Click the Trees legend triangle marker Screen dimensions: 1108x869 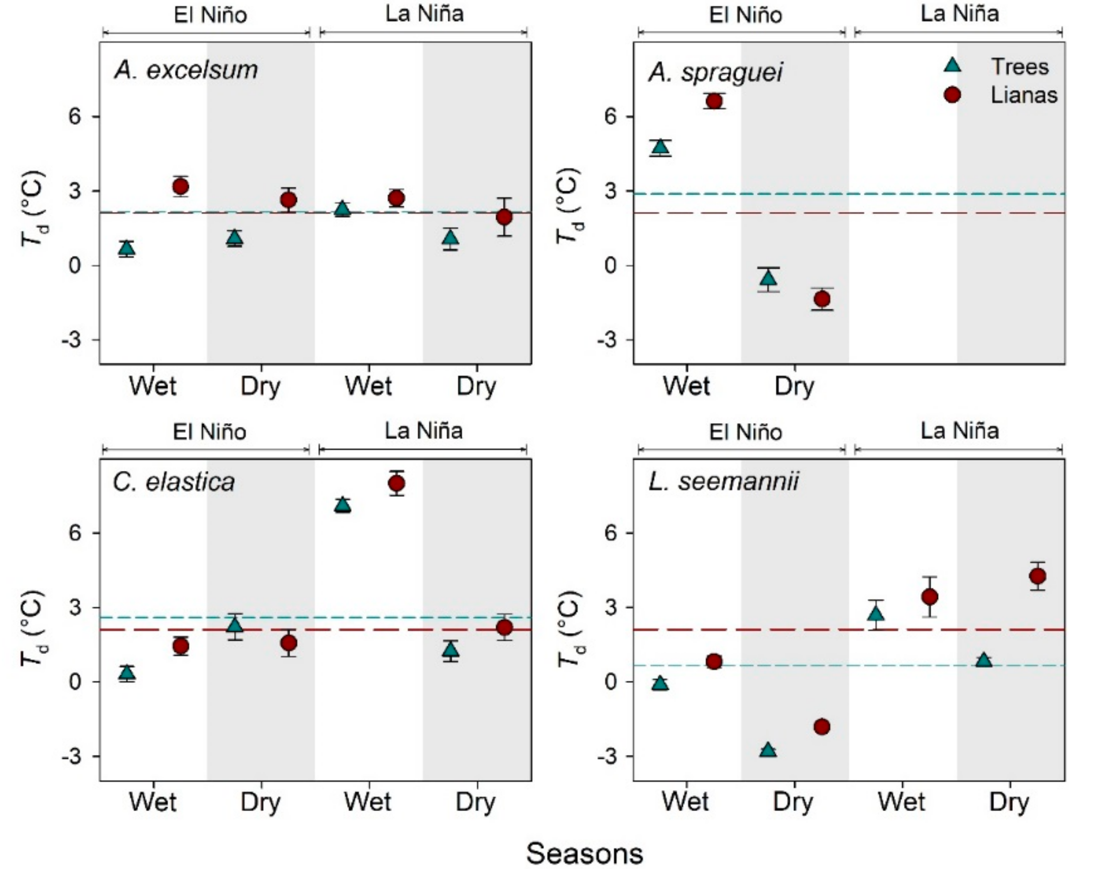pos(952,66)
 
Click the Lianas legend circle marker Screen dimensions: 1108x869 pos(952,95)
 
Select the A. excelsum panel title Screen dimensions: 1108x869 pos(186,70)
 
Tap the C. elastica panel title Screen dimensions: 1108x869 pos(174,481)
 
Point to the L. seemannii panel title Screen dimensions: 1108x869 pos(723,481)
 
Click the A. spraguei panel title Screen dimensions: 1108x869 pos(715,72)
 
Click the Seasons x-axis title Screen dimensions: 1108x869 pos(584,853)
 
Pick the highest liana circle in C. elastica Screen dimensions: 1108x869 pos(396,483)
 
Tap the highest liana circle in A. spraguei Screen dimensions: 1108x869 pos(714,101)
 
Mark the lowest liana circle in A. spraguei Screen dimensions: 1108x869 pos(822,298)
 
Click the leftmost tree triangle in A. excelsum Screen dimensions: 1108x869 pos(127,248)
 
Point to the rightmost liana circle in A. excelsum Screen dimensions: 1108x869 pos(504,217)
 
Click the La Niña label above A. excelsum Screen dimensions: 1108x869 pos(424,14)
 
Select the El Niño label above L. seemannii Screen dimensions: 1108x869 pos(745,432)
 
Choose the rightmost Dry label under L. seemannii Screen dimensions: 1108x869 pos(1009,802)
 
